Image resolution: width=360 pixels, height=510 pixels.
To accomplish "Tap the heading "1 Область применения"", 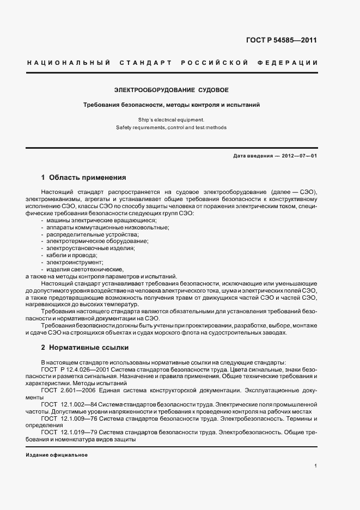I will [83, 178].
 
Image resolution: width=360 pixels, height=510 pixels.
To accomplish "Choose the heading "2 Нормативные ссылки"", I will [85, 347].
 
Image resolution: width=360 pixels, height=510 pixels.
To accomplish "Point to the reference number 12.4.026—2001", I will [91, 369].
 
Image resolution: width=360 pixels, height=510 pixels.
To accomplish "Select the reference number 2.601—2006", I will [83, 390].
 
